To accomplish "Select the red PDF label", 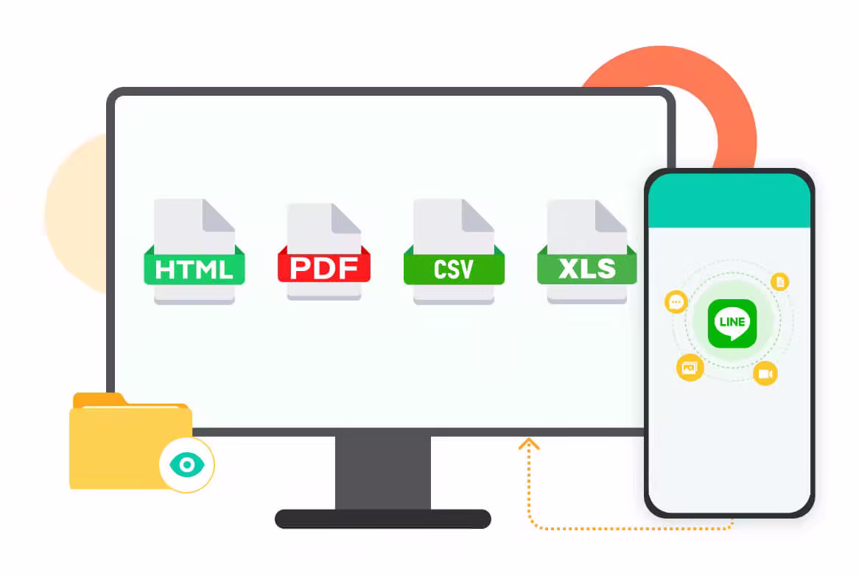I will click(x=323, y=267).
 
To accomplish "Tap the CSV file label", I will click(x=454, y=269).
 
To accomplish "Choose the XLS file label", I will click(x=586, y=268).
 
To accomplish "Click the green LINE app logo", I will click(x=732, y=323).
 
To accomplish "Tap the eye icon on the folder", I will click(x=186, y=465).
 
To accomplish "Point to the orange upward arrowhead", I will click(x=529, y=443).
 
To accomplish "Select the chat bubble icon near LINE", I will click(x=676, y=302).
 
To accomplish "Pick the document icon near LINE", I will click(x=780, y=281).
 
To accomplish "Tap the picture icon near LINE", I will click(x=690, y=367).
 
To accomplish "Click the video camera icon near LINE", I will click(x=765, y=373).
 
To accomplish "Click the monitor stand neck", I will click(x=383, y=471).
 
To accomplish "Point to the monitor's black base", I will click(x=382, y=519).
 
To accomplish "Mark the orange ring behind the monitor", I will click(x=729, y=110).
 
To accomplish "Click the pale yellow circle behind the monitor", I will click(x=74, y=214).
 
